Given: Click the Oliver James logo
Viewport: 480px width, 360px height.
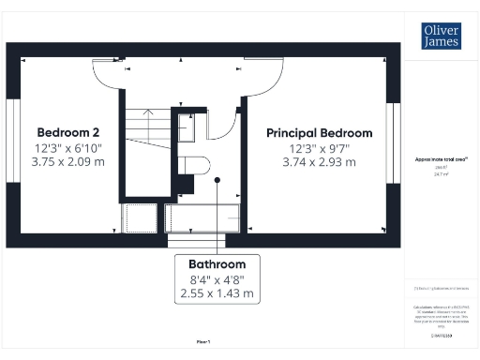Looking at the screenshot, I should (440, 37).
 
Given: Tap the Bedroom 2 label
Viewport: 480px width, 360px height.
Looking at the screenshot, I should (70, 131).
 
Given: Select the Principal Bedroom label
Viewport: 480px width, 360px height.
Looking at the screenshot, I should (319, 132).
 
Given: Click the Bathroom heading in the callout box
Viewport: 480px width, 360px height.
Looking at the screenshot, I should (217, 263).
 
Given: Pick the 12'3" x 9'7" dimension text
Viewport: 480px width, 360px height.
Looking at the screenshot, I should (319, 147).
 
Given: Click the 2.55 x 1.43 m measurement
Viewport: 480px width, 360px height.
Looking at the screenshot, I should (217, 293).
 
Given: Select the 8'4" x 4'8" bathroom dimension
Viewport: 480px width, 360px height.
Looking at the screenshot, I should (217, 278).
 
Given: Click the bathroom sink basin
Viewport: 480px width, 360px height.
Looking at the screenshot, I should (187, 127).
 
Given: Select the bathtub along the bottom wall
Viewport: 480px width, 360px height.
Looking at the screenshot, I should (202, 217).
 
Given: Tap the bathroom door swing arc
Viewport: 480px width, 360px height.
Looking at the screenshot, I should (226, 127).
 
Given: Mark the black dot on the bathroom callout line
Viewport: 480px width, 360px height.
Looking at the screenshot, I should (217, 179).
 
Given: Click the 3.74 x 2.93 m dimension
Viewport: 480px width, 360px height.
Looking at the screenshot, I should (319, 161).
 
